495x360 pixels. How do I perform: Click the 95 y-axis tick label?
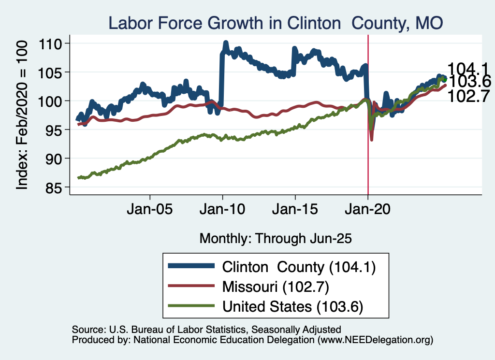58,130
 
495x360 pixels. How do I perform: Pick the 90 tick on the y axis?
58,158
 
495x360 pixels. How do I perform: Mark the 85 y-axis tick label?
58,187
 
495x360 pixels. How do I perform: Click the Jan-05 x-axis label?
150,211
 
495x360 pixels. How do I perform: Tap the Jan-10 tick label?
222,211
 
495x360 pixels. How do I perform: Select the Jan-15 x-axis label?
295,211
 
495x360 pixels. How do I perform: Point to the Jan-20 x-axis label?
368,211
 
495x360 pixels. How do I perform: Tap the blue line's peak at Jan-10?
226,44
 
